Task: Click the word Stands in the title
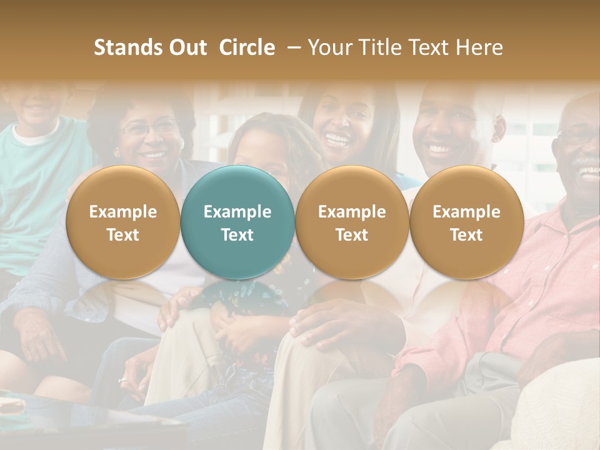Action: (x=127, y=47)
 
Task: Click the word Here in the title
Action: (x=480, y=47)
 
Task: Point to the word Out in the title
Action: (x=186, y=47)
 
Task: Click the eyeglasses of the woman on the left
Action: (x=149, y=129)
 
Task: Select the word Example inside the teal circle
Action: (x=237, y=212)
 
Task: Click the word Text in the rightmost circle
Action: (x=466, y=235)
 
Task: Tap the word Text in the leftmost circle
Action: (x=123, y=235)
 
